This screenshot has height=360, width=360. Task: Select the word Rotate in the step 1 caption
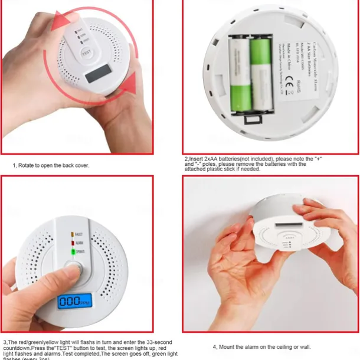tap(28, 165)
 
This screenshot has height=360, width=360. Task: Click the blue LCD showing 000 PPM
tap(72, 301)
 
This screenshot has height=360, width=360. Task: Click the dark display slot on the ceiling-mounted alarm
tap(287, 225)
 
